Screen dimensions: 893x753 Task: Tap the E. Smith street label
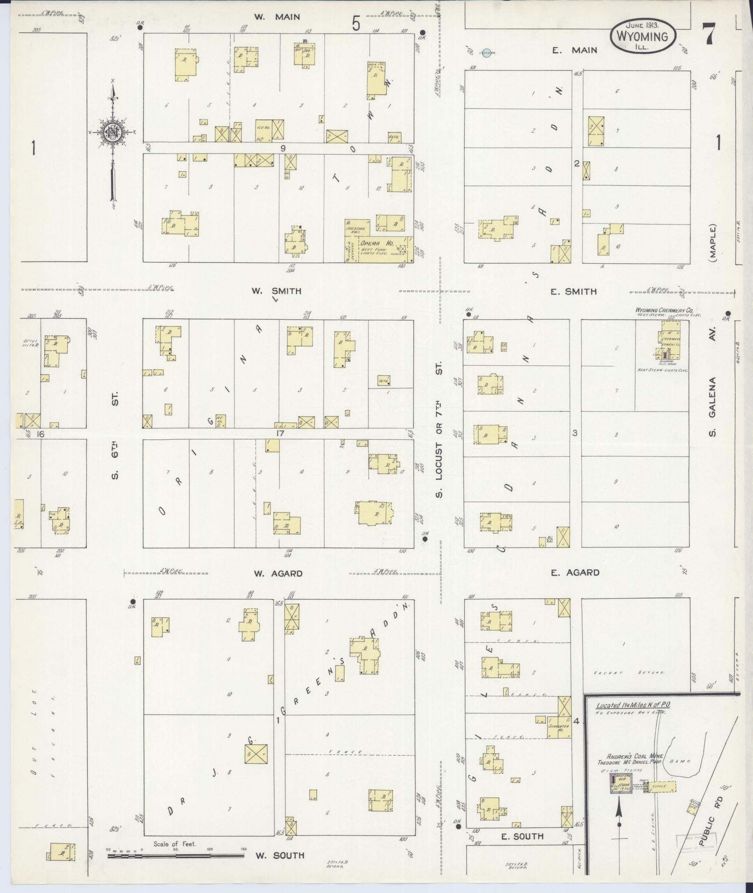(573, 292)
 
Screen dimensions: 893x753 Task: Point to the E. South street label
(522, 836)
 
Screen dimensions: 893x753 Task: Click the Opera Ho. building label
(377, 243)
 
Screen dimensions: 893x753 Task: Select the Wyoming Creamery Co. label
(663, 310)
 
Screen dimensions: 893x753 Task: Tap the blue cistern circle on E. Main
(486, 53)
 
